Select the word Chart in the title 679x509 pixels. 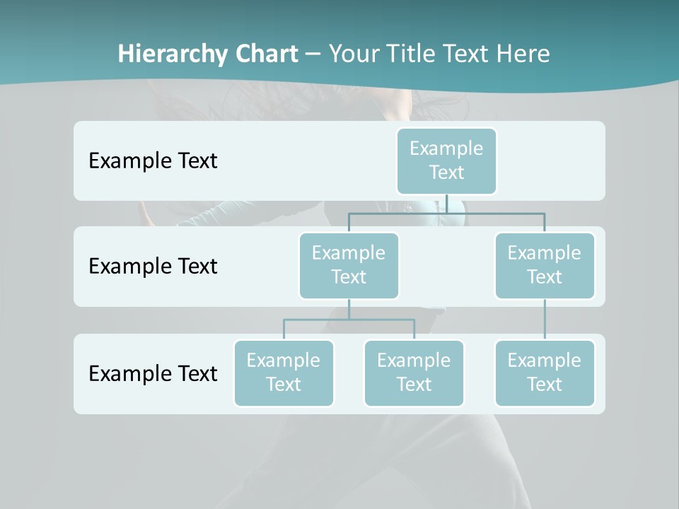[x=266, y=54]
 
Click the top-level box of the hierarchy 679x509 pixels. [x=446, y=161]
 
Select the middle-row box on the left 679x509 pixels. [x=349, y=266]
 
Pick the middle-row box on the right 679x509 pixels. [x=544, y=266]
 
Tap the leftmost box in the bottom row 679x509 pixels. [x=284, y=373]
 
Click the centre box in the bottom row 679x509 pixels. [x=414, y=373]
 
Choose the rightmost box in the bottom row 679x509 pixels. [x=544, y=373]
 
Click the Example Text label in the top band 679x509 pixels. [x=153, y=161]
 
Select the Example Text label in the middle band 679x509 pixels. [x=153, y=267]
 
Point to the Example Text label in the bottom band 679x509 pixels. [x=153, y=373]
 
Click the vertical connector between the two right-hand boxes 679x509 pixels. [x=544, y=320]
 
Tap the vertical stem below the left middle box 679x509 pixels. [x=349, y=309]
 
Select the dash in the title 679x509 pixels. [x=313, y=54]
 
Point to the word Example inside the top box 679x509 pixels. [x=446, y=148]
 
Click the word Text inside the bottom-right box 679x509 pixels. [x=544, y=385]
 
